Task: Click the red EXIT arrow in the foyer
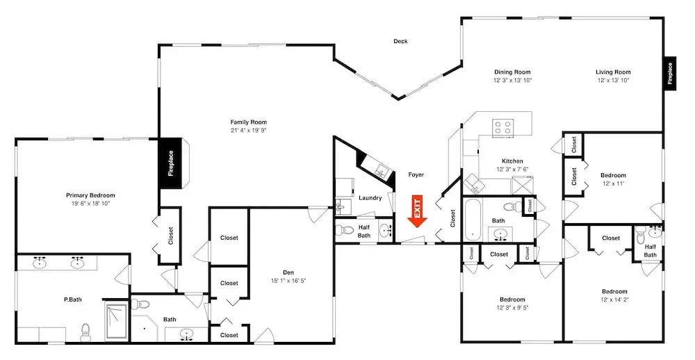416,211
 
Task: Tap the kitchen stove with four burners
503,127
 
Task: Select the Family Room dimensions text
248,131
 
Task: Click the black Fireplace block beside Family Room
171,163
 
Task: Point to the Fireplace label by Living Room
670,74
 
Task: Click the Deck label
400,41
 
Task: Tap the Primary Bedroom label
90,195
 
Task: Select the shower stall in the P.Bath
117,321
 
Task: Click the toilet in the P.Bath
85,332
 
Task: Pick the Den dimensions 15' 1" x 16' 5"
288,281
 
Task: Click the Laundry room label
370,198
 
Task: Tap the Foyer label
416,174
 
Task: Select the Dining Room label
512,72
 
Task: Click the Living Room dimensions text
614,80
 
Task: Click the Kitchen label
512,161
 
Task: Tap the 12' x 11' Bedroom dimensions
614,183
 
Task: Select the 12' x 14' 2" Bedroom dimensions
614,300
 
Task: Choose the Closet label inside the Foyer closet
452,218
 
